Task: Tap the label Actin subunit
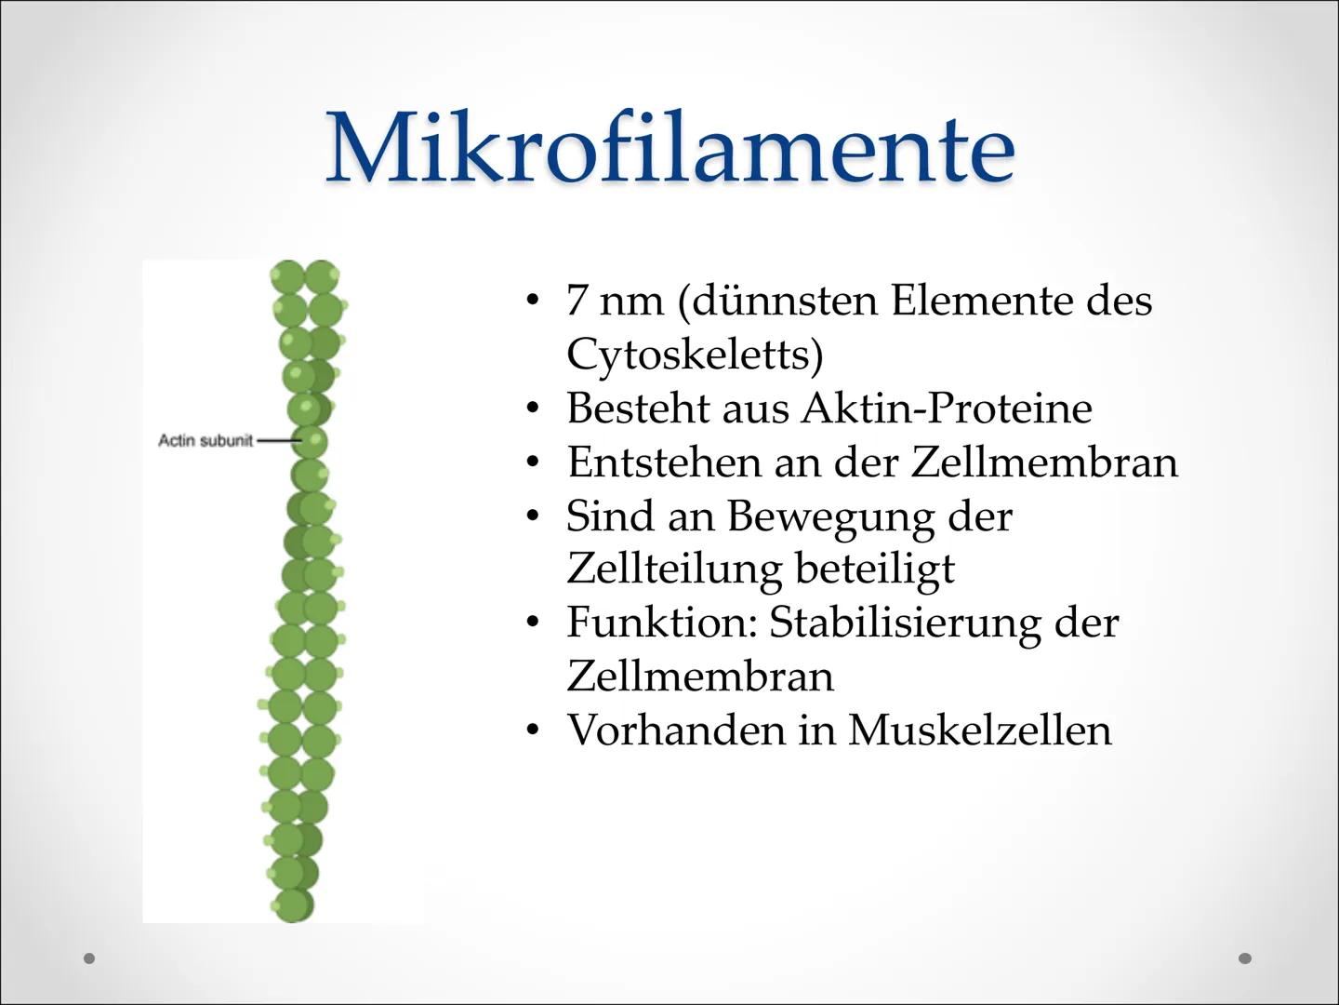[x=205, y=440]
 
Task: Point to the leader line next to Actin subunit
[x=278, y=440]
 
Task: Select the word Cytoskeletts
[x=695, y=355]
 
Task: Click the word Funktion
[x=662, y=623]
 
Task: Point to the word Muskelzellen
[x=980, y=730]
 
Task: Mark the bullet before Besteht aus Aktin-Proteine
[x=532, y=409]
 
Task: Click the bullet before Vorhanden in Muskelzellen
[x=532, y=730]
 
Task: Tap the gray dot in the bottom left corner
[x=90, y=958]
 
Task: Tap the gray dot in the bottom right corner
[x=1245, y=958]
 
